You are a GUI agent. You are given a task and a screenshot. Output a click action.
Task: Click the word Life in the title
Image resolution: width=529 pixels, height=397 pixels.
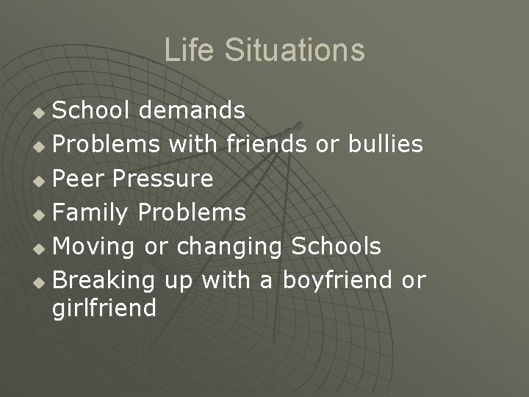click(x=184, y=50)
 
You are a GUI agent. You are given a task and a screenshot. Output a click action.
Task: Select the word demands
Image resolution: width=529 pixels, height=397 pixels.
click(x=193, y=111)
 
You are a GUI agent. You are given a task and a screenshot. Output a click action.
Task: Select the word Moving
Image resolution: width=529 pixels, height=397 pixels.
click(x=95, y=246)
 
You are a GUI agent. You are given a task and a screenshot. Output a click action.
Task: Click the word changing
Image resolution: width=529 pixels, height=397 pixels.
click(x=226, y=246)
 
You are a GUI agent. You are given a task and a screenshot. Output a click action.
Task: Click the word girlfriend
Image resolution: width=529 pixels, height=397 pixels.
click(x=104, y=307)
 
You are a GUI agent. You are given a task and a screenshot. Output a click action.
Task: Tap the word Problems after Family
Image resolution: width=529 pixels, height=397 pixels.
click(x=192, y=212)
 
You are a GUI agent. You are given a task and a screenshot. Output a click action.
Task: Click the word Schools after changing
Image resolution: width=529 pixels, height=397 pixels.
click(x=336, y=246)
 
